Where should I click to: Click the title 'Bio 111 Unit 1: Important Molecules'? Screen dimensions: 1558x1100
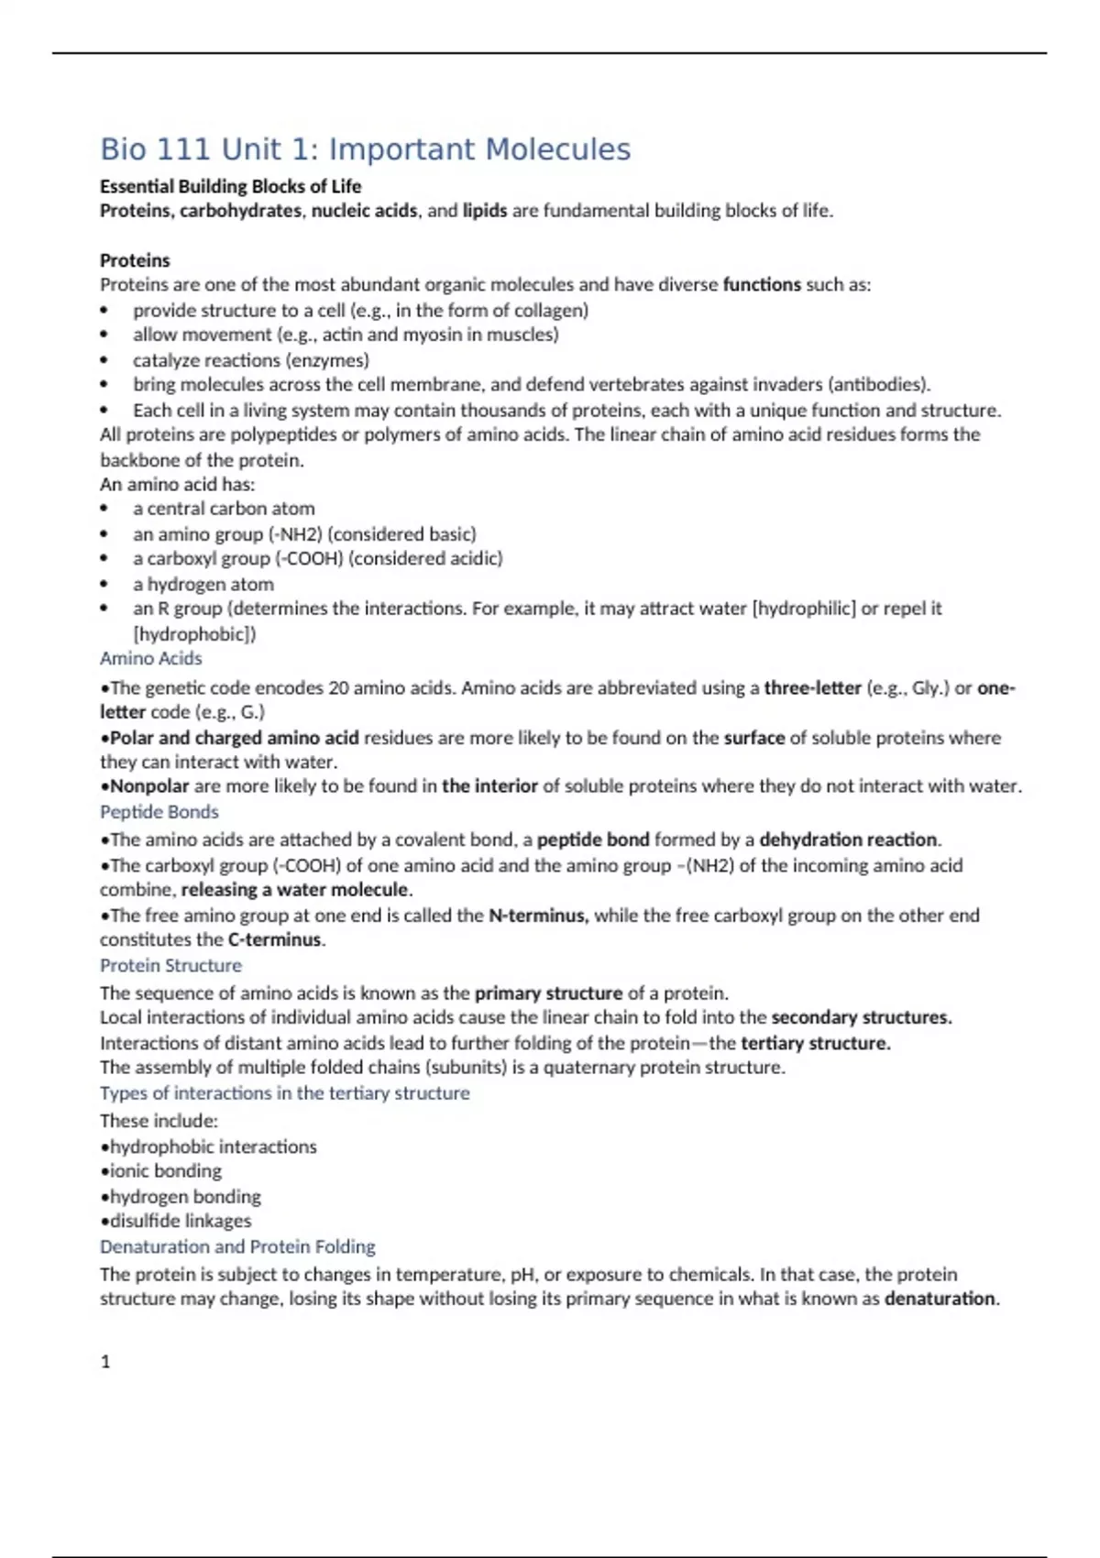[365, 149]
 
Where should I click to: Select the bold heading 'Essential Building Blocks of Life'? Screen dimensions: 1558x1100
[230, 187]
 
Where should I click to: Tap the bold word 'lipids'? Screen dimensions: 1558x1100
[484, 211]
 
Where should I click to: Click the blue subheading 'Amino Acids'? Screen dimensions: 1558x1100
[150, 658]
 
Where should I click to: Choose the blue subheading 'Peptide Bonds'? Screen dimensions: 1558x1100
[159, 812]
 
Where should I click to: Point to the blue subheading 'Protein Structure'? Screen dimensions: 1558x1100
[170, 965]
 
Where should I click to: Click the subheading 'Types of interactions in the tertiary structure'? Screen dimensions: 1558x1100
[284, 1092]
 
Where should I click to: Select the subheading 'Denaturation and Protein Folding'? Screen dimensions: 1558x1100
[237, 1246]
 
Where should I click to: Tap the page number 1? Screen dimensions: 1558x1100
[105, 1362]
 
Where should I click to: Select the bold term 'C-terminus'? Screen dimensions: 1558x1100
[275, 939]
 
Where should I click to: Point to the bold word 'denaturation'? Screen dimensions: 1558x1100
[940, 1299]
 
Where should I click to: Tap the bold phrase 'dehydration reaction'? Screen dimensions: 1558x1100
[848, 839]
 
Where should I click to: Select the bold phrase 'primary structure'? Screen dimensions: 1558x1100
[548, 993]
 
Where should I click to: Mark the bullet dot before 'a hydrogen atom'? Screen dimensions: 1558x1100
[104, 585]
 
